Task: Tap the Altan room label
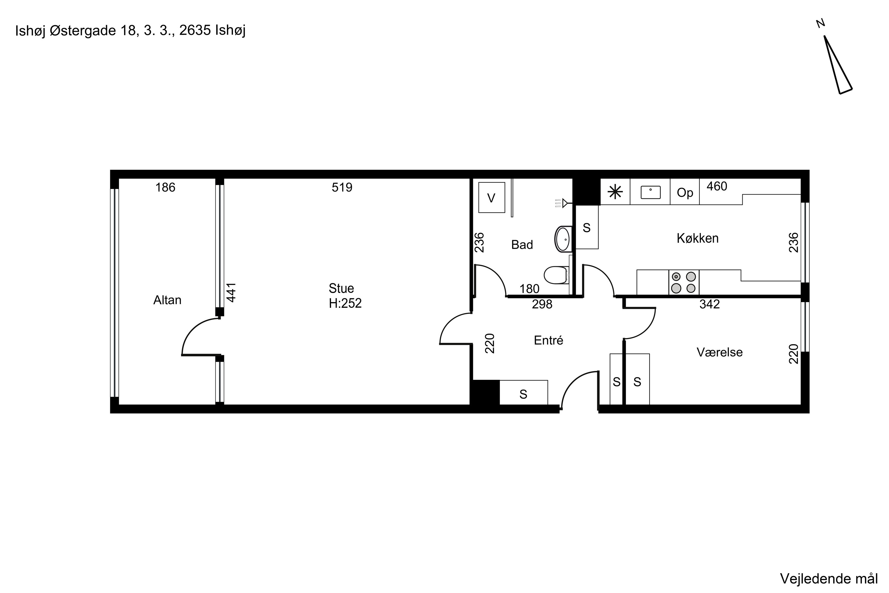(167, 300)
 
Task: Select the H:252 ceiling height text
(345, 303)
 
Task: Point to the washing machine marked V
(491, 197)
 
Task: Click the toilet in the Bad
(557, 275)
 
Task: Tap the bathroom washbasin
(563, 239)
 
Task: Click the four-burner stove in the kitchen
(683, 283)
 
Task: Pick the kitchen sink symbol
(650, 192)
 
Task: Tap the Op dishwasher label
(685, 193)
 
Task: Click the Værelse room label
(720, 353)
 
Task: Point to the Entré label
(549, 340)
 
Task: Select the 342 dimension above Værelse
(709, 305)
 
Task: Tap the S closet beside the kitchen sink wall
(587, 227)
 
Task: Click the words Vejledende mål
(829, 579)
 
